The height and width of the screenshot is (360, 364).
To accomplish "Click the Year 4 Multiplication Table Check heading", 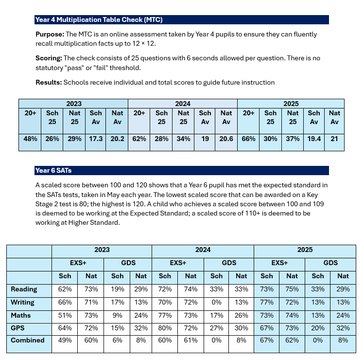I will coord(99,20).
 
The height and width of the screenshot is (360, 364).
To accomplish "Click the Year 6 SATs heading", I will coord(53,170).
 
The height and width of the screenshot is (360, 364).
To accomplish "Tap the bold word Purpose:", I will coord(50,35).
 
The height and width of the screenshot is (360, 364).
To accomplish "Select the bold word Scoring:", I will coord(49,58).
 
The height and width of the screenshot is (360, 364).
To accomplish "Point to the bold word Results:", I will coord(49,82).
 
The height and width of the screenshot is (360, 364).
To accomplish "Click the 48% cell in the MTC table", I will coord(30,139).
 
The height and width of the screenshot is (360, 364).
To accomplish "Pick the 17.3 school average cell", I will coord(95,139).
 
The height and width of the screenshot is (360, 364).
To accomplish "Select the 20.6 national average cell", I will coord(226,139).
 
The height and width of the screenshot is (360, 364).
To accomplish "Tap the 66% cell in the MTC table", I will coord(248,139).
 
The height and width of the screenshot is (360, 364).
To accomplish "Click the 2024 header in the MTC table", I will coord(183,104).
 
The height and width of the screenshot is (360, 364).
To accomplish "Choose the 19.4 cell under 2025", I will coord(314,139).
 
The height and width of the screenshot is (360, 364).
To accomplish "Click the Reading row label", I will coord(24,289).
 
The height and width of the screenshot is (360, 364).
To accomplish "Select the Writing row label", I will coord(23,302).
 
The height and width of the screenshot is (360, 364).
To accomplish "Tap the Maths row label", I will coord(21,315).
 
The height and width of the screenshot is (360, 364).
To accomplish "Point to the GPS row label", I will coord(18,327).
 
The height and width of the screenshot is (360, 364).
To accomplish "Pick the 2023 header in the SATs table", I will coord(102,250).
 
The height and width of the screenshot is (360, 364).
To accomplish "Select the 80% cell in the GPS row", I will coord(165,327).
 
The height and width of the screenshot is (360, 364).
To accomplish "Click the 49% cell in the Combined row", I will coord(65,340).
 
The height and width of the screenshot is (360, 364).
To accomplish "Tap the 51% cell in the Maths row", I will coord(65,315).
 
